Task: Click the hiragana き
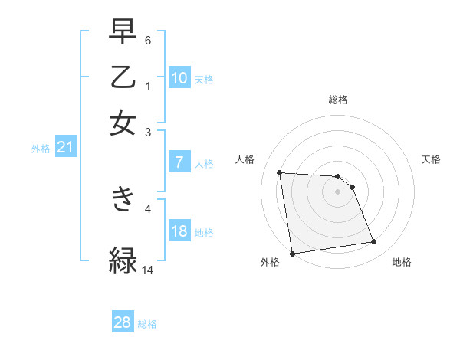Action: (123, 200)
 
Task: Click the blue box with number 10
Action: (179, 79)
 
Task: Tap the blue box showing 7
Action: (179, 162)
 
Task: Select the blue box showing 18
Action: (179, 232)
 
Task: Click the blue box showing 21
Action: (65, 148)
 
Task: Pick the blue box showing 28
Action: (123, 322)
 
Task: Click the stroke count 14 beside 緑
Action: (148, 270)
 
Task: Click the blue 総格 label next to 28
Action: (147, 324)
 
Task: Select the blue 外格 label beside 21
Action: (41, 149)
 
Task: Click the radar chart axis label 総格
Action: (337, 100)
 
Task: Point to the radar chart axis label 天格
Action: (431, 159)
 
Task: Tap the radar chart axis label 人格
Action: (245, 159)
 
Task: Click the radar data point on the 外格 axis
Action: (292, 254)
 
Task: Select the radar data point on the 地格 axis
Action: (373, 242)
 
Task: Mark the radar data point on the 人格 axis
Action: (280, 172)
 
